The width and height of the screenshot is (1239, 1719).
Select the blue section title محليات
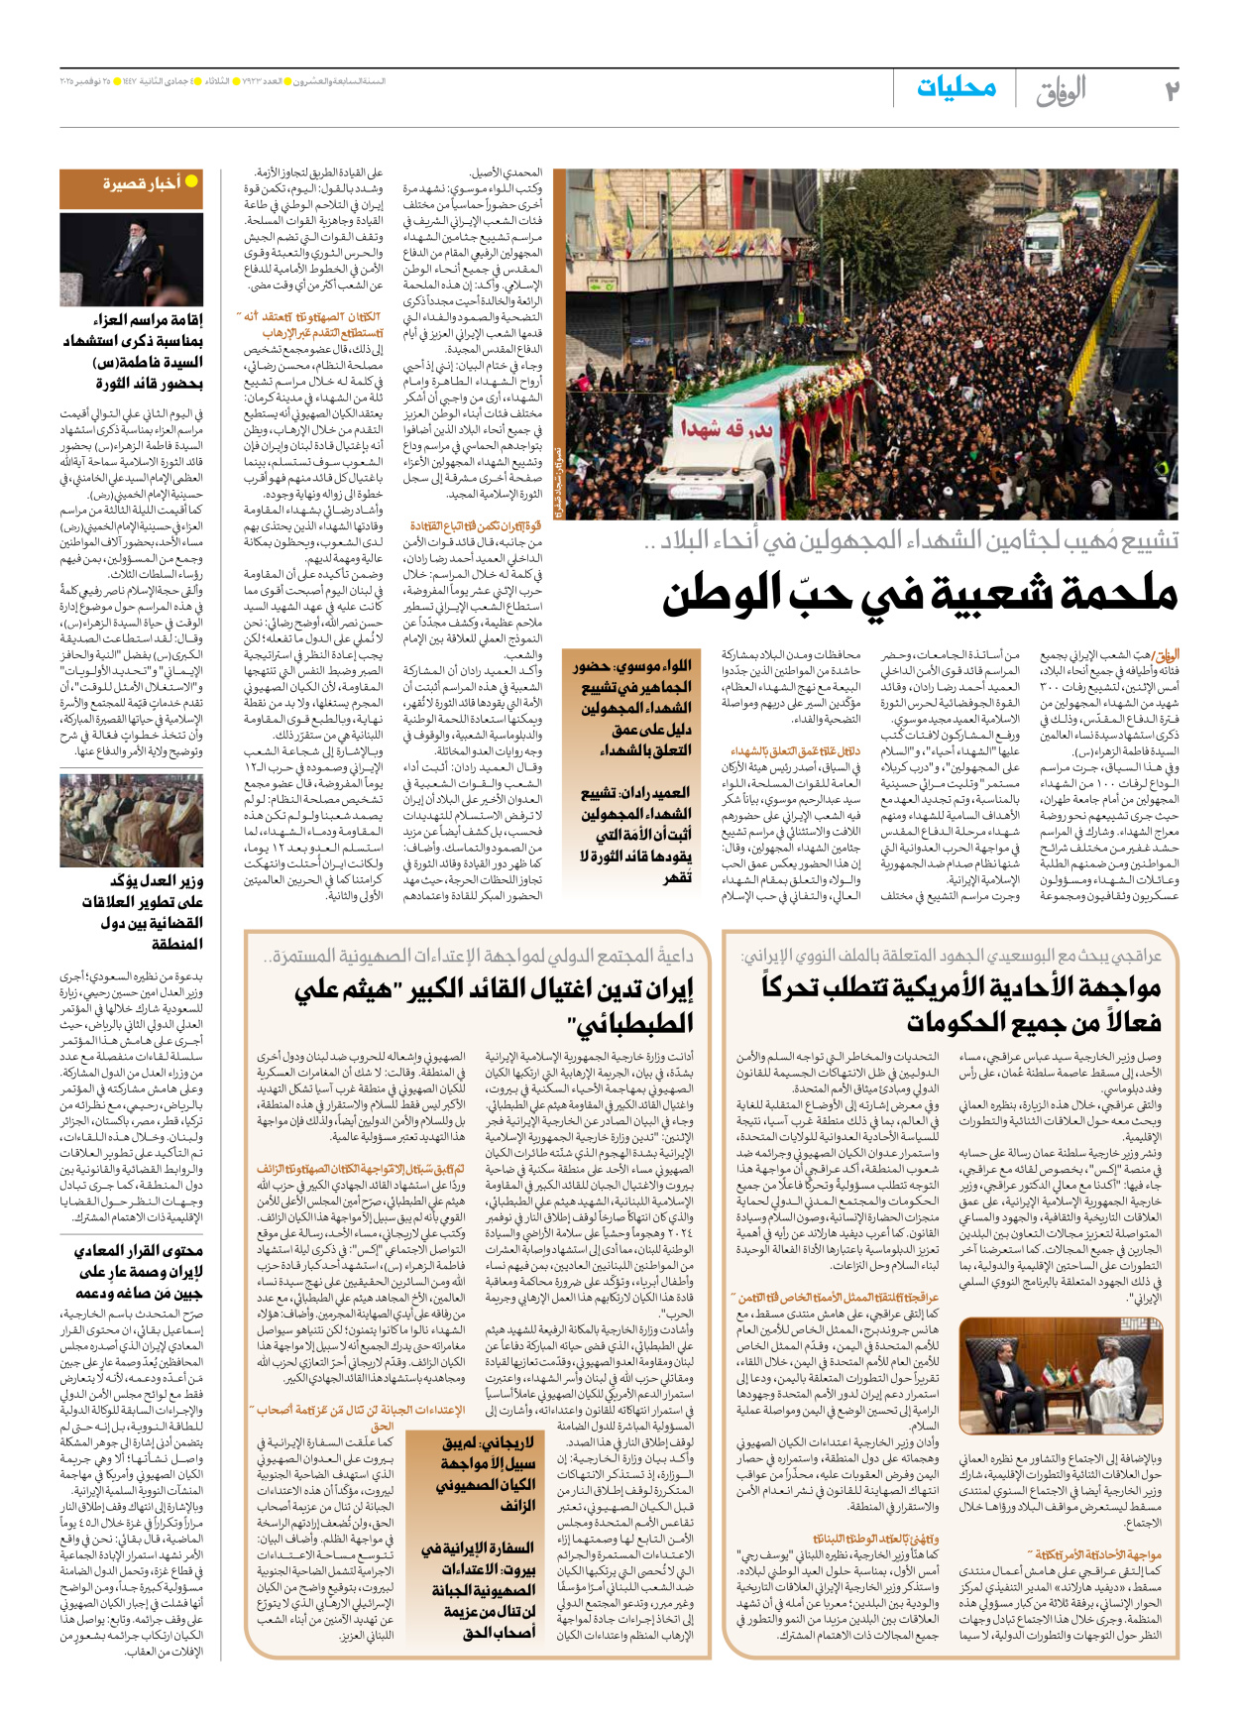pyautogui.click(x=956, y=88)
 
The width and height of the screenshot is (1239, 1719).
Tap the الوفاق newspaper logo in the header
pyautogui.click(x=1061, y=91)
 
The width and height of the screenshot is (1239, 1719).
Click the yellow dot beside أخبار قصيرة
pyautogui.click(x=191, y=181)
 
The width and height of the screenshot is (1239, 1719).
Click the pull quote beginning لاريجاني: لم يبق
pyautogui.click(x=486, y=1473)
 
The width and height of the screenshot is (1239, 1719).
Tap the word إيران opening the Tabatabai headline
pyautogui.click(x=667, y=988)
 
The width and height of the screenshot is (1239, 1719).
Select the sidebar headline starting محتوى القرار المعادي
pyautogui.click(x=139, y=1272)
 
